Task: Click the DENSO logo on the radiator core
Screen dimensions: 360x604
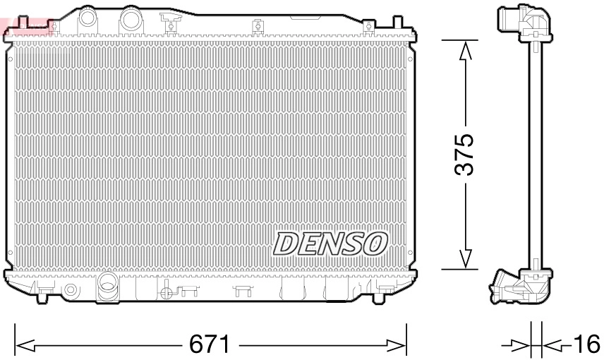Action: coord(330,244)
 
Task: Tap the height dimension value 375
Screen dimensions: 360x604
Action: coord(464,154)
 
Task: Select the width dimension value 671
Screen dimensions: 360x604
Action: coord(210,345)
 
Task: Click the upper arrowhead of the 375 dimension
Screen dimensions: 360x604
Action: coord(464,52)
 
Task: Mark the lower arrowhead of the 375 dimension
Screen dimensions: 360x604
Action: coord(464,259)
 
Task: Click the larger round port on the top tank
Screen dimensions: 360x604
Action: coord(130,19)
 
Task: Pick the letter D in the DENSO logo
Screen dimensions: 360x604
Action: coord(285,244)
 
